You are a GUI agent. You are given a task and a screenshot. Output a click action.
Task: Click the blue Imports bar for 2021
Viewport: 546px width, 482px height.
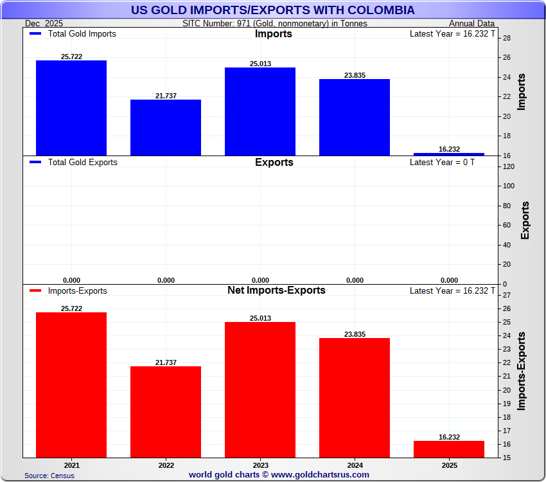click(x=71, y=108)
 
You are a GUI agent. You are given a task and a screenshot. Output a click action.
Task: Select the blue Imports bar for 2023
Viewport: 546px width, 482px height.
click(x=260, y=111)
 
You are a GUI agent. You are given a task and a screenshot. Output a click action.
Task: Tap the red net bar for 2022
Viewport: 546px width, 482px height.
click(x=166, y=412)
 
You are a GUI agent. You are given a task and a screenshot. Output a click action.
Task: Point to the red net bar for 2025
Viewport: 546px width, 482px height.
click(x=449, y=449)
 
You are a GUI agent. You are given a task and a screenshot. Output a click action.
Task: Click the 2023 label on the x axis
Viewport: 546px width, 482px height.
click(x=260, y=465)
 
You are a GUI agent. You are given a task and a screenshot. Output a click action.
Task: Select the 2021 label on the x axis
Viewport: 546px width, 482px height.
click(x=71, y=465)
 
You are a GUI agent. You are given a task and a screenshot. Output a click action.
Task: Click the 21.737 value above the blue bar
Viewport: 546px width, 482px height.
click(x=166, y=96)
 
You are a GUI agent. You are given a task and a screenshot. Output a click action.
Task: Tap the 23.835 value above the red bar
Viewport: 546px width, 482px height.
click(x=355, y=334)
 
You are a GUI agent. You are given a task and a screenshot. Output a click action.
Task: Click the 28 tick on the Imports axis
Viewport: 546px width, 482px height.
click(x=506, y=39)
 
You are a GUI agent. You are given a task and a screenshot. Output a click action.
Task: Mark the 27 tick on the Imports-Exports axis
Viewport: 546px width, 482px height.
click(x=506, y=296)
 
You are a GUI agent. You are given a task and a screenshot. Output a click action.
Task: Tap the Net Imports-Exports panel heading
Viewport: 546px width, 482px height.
click(x=276, y=290)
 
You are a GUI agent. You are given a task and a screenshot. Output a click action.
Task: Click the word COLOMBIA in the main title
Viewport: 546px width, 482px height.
click(x=377, y=10)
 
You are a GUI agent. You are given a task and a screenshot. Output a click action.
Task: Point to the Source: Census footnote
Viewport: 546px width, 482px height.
click(x=49, y=476)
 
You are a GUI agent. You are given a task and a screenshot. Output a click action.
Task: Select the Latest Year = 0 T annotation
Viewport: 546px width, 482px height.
click(x=442, y=163)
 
